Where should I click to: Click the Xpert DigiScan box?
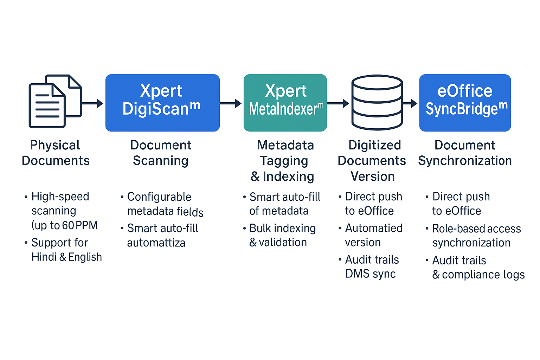(162, 103)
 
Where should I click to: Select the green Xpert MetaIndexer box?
(285, 103)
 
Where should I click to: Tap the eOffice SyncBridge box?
(465, 103)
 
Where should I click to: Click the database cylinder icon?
(377, 102)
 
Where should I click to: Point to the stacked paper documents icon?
(55, 101)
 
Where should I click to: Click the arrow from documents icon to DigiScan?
(92, 103)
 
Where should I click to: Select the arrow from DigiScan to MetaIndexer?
(231, 103)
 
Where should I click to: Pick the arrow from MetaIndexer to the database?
(338, 103)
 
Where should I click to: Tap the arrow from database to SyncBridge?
(410, 103)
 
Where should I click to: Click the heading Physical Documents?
(56, 153)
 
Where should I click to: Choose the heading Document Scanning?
(161, 153)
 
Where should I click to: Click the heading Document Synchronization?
(465, 153)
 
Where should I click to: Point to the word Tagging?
(284, 161)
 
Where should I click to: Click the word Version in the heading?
(373, 176)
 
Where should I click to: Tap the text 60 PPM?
(80, 225)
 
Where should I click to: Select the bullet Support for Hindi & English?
(63, 250)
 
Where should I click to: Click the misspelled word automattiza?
(156, 243)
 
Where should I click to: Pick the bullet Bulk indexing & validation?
(279, 235)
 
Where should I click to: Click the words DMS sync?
(371, 274)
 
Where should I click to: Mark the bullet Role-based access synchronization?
(473, 236)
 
